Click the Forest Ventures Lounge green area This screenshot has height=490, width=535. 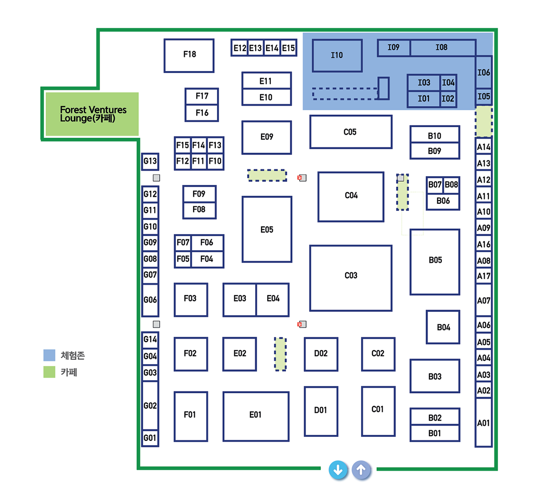(92, 114)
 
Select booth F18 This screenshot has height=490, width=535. (189, 55)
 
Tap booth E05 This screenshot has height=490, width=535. (267, 230)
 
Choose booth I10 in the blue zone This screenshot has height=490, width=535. (337, 55)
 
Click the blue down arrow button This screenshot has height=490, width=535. (338, 470)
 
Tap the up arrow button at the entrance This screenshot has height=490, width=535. (361, 470)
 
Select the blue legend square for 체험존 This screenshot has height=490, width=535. (49, 355)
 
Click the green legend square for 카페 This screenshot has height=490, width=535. (49, 372)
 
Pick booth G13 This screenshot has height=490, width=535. (150, 161)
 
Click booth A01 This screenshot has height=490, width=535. (484, 423)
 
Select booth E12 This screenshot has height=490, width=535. (240, 48)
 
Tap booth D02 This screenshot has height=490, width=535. (321, 354)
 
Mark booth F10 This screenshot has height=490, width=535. (215, 161)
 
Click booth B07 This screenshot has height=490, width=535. (434, 185)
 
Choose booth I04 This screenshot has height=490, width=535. (449, 83)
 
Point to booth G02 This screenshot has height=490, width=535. (150, 405)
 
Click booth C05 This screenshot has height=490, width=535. (351, 132)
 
